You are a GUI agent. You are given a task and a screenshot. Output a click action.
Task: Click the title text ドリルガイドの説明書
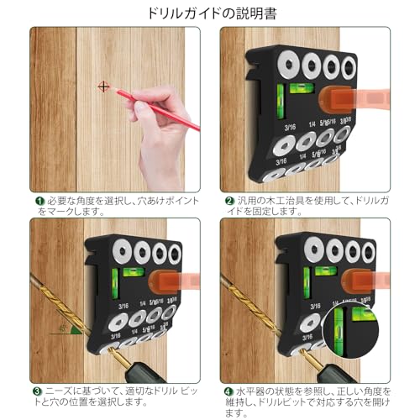209,13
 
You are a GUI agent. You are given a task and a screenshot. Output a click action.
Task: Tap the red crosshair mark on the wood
103,86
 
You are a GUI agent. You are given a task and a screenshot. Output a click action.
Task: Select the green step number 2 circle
228,202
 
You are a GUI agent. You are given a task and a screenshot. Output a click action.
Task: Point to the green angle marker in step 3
71,330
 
